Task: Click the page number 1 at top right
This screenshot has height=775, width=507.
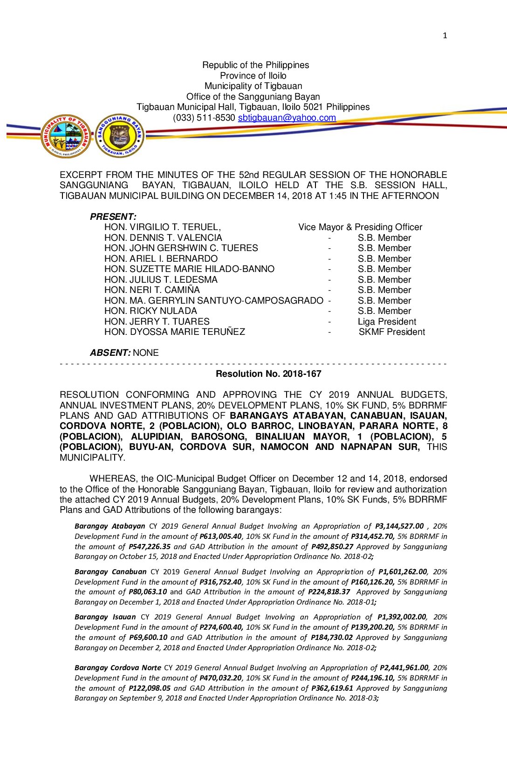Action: tap(445, 35)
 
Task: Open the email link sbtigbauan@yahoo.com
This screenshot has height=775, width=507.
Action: tap(287, 118)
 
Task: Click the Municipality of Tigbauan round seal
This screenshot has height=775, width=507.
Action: tap(66, 136)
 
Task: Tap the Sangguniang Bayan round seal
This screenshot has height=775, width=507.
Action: tap(120, 136)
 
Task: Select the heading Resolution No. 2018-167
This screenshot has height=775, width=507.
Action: tap(268, 374)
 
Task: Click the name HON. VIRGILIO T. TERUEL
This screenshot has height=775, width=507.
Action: tap(162, 227)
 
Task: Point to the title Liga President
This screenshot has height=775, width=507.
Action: tap(387, 322)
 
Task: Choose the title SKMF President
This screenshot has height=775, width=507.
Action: tap(391, 332)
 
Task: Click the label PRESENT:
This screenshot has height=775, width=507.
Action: tap(113, 217)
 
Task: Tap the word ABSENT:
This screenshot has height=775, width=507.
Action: tap(110, 353)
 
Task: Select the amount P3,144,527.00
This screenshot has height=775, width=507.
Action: tap(399, 526)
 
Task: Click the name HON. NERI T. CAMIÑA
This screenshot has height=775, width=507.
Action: tap(152, 290)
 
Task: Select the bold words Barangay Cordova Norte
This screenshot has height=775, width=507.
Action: tap(118, 668)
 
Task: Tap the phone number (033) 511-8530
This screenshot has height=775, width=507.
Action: tap(204, 118)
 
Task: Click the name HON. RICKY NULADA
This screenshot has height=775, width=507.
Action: tap(151, 311)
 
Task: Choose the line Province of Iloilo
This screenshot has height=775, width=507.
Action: tap(253, 75)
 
